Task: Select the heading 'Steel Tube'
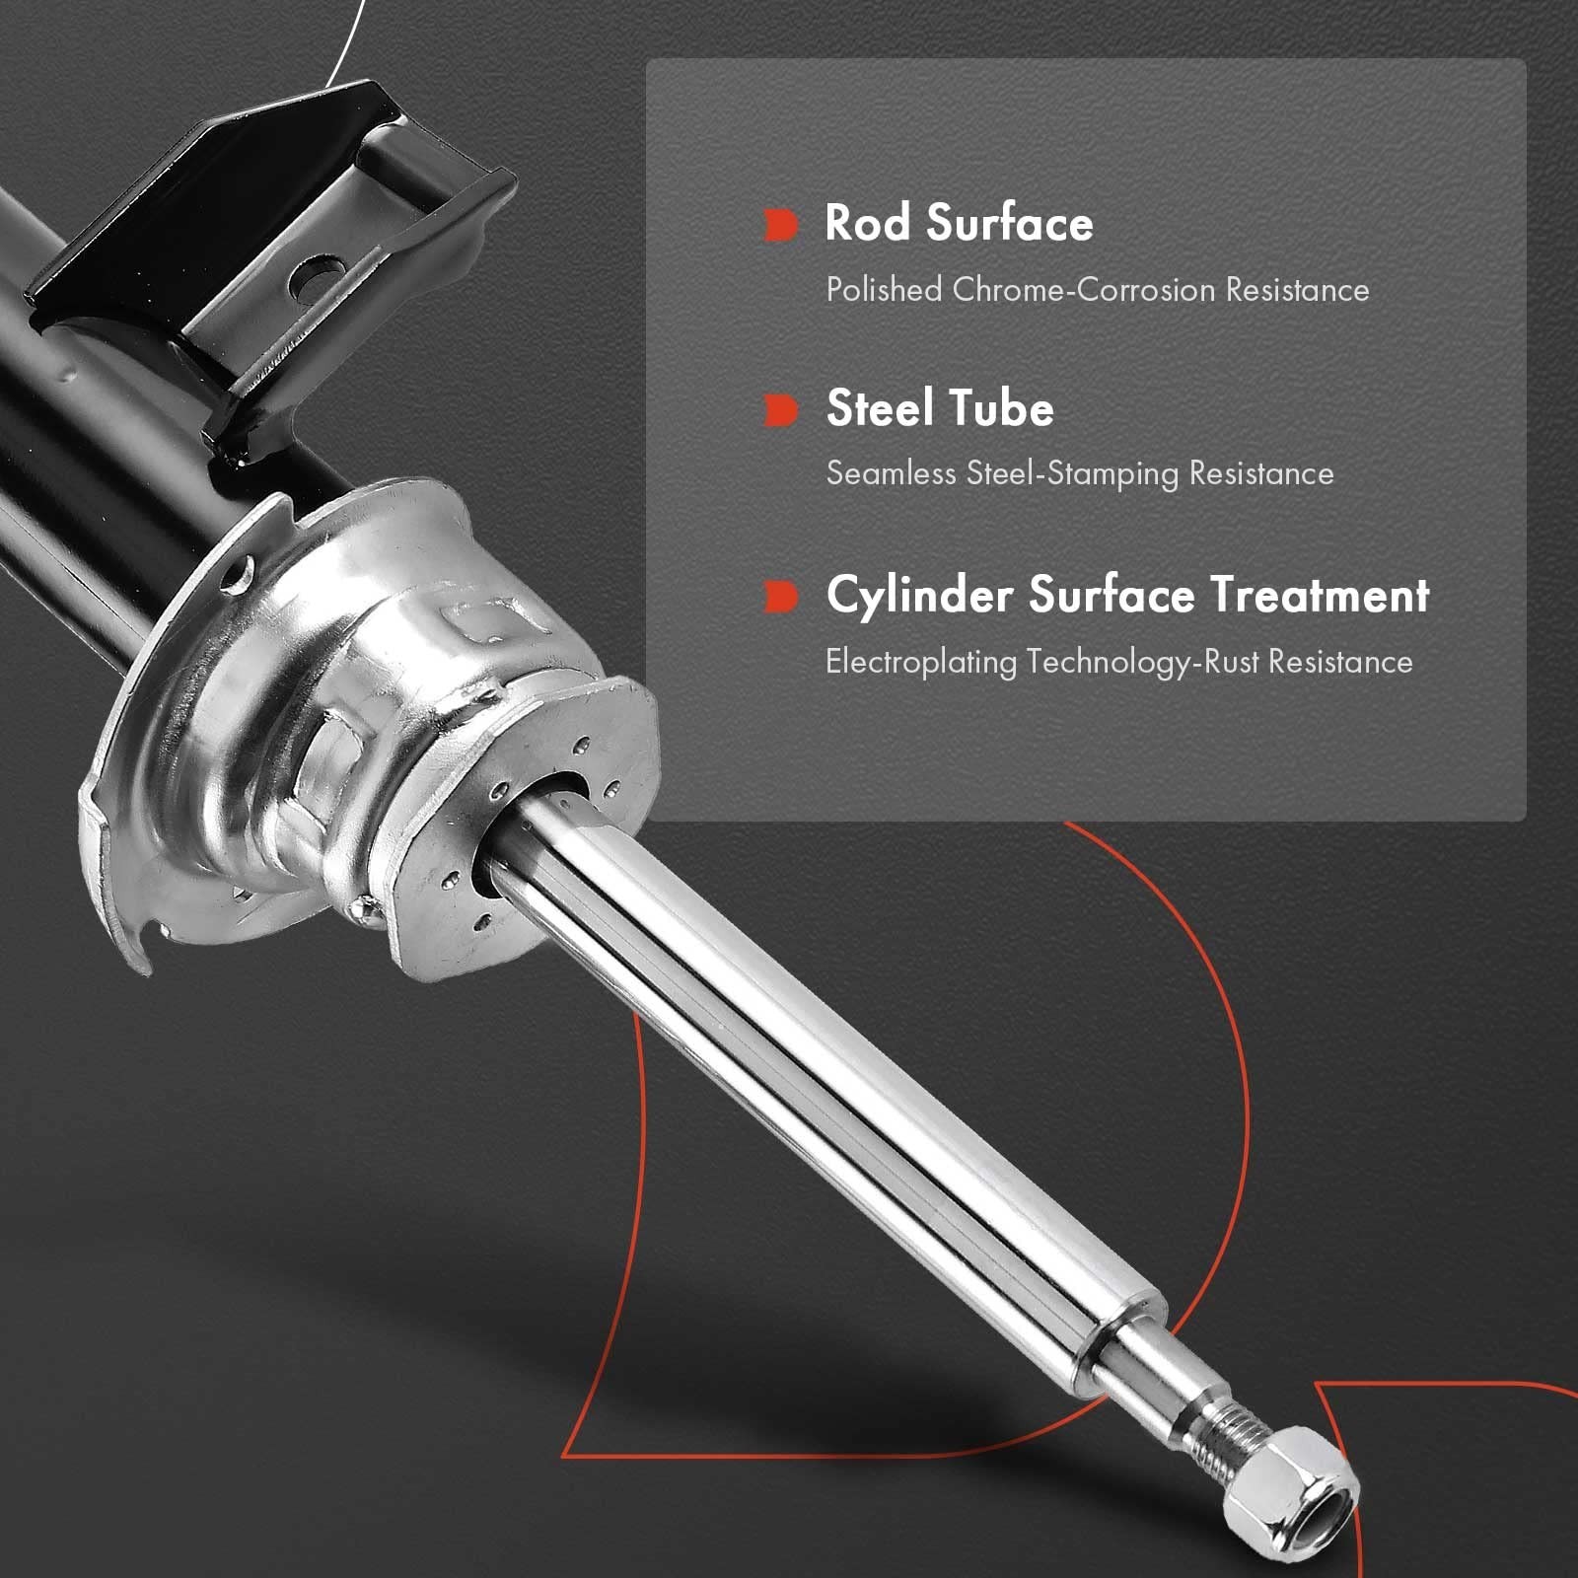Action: pos(940,408)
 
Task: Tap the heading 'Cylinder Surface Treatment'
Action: pos(1127,596)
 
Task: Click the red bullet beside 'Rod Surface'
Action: pos(780,225)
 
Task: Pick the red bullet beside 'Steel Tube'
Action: pos(780,410)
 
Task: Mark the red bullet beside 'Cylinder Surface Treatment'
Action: pos(780,596)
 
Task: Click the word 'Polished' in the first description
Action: pos(884,289)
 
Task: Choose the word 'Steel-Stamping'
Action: pos(1072,474)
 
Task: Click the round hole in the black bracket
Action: pos(315,277)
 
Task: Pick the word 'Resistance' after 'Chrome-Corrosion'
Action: pos(1297,289)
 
